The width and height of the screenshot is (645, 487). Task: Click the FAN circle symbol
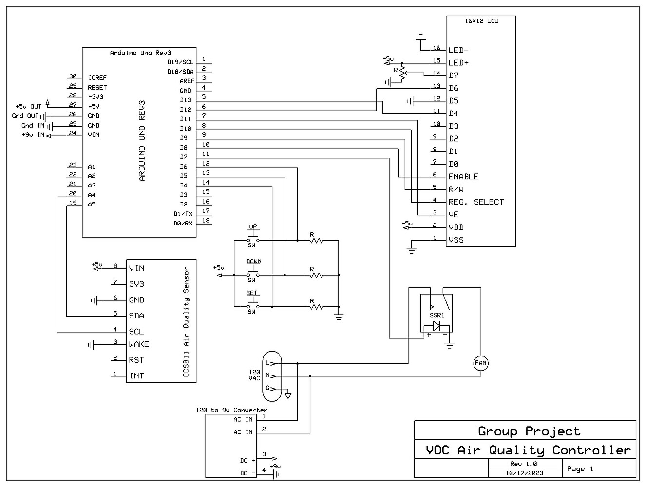480,363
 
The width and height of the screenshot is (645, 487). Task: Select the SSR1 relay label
437,315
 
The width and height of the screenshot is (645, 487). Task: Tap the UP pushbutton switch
252,240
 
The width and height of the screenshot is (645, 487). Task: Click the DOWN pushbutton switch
252,275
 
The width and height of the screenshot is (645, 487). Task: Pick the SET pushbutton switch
252,306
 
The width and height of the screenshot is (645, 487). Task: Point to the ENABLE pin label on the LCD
463,177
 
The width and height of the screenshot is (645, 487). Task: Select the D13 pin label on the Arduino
185,100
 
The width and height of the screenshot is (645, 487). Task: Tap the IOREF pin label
97,78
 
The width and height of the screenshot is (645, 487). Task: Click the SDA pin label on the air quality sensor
136,316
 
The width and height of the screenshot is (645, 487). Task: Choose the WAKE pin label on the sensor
139,344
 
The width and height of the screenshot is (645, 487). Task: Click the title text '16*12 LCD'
481,21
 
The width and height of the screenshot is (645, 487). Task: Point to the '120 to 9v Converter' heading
231,410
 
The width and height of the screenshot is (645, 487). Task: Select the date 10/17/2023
524,473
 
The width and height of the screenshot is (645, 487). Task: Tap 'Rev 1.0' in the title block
523,464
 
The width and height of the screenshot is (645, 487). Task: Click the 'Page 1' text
580,469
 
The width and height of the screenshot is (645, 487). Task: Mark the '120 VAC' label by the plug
254,375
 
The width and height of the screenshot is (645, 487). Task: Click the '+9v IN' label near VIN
33,135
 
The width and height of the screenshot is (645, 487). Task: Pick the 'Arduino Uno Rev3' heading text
140,53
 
